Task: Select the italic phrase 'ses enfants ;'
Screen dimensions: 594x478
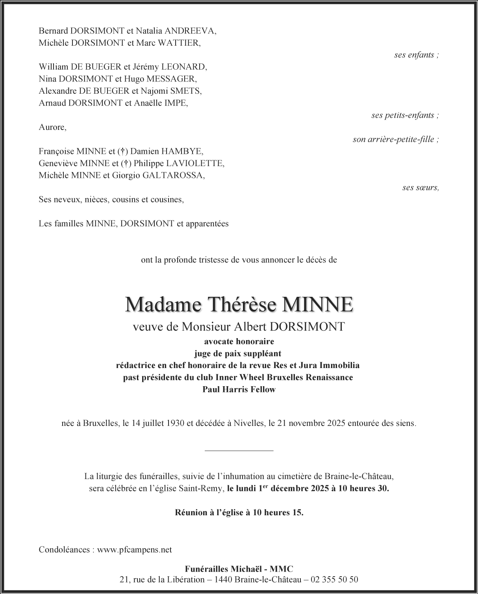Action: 416,55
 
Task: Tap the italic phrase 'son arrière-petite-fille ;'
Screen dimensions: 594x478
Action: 395,139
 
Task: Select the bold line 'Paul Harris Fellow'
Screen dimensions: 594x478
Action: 239,389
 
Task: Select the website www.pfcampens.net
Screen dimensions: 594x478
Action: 134,550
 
